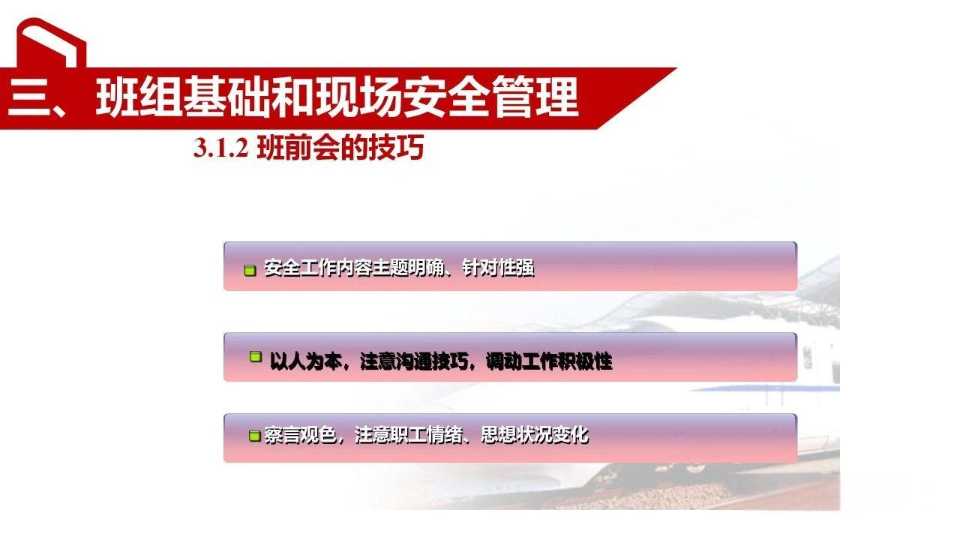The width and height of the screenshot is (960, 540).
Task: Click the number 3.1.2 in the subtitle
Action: [x=220, y=149]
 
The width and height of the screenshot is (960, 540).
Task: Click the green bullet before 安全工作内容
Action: [x=250, y=270]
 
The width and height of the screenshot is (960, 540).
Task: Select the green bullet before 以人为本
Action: [x=256, y=358]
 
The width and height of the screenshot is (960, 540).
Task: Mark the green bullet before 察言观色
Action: [x=254, y=436]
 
